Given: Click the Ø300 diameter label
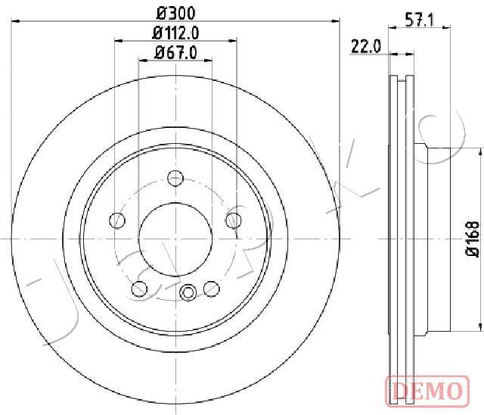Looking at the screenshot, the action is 176,13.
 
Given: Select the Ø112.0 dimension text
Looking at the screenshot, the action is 175,33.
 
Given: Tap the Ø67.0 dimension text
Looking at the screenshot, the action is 175,53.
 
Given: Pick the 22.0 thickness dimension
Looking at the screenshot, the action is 366,47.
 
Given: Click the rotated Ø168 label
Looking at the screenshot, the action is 472,239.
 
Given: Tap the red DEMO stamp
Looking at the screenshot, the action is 427,390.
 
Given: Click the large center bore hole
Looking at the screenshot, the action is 175,239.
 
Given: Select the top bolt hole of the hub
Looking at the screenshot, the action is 175,178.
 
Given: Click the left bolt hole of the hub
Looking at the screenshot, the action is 117,220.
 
